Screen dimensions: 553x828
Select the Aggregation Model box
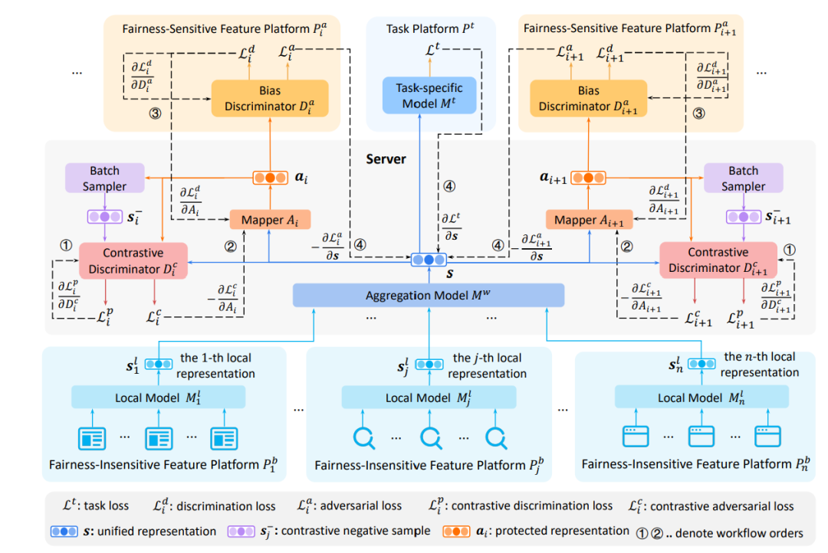coord(429,295)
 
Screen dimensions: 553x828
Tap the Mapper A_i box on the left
coord(263,221)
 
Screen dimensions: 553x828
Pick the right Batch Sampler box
coord(743,178)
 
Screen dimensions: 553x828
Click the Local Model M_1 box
coord(157,398)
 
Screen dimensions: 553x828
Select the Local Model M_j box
coord(428,398)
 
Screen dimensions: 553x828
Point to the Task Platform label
coord(429,29)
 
